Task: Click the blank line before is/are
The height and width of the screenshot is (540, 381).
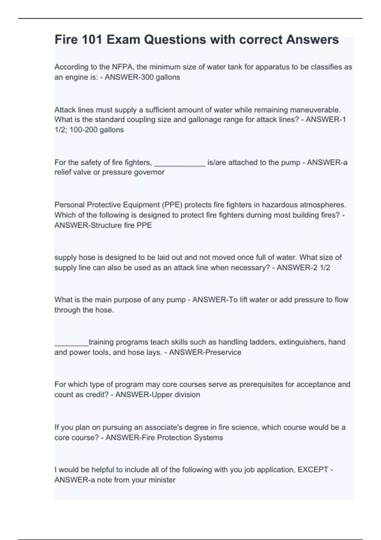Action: click(x=180, y=163)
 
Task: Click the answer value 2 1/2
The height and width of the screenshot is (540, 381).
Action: click(x=320, y=268)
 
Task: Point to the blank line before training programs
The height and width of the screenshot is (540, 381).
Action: click(x=71, y=343)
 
